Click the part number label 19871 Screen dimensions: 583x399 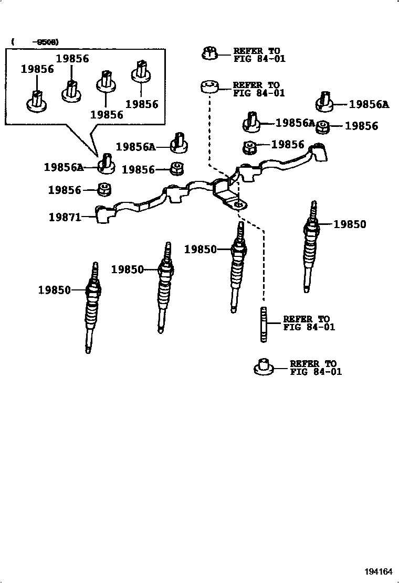(65, 217)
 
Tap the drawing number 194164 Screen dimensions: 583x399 (379, 572)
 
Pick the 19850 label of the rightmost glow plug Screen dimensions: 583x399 (350, 224)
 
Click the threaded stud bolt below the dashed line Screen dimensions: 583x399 (264, 325)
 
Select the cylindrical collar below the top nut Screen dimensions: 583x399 (209, 88)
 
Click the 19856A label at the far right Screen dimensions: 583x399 (369, 104)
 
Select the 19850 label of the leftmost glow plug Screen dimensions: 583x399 (54, 289)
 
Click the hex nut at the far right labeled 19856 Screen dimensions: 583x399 (323, 126)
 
